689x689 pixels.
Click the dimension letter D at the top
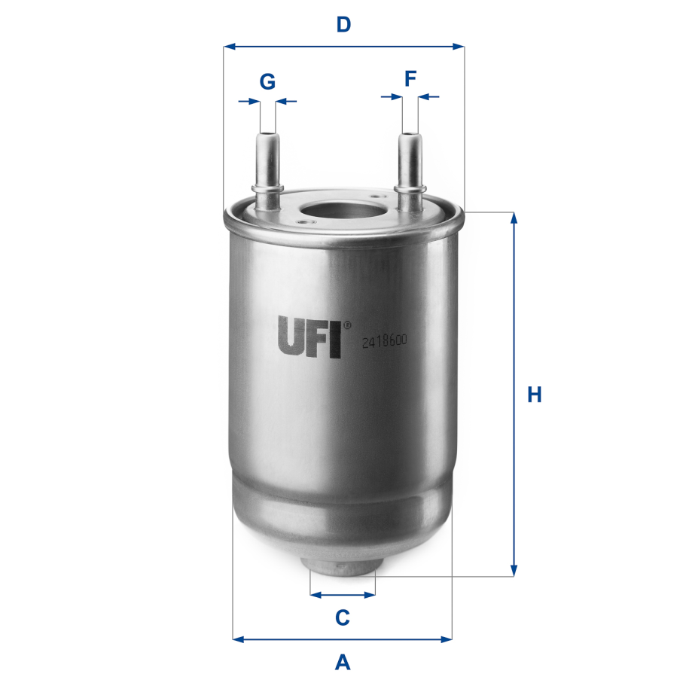[343, 25]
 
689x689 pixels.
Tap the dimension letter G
[267, 81]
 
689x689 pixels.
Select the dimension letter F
[410, 78]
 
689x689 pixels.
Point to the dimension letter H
[534, 395]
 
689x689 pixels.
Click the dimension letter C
[343, 617]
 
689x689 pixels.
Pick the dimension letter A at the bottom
[343, 663]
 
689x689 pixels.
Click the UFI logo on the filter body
[309, 336]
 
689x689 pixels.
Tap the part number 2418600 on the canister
[384, 341]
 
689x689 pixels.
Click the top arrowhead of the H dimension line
[514, 218]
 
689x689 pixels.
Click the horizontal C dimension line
[343, 594]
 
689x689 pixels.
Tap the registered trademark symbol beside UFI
[347, 326]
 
